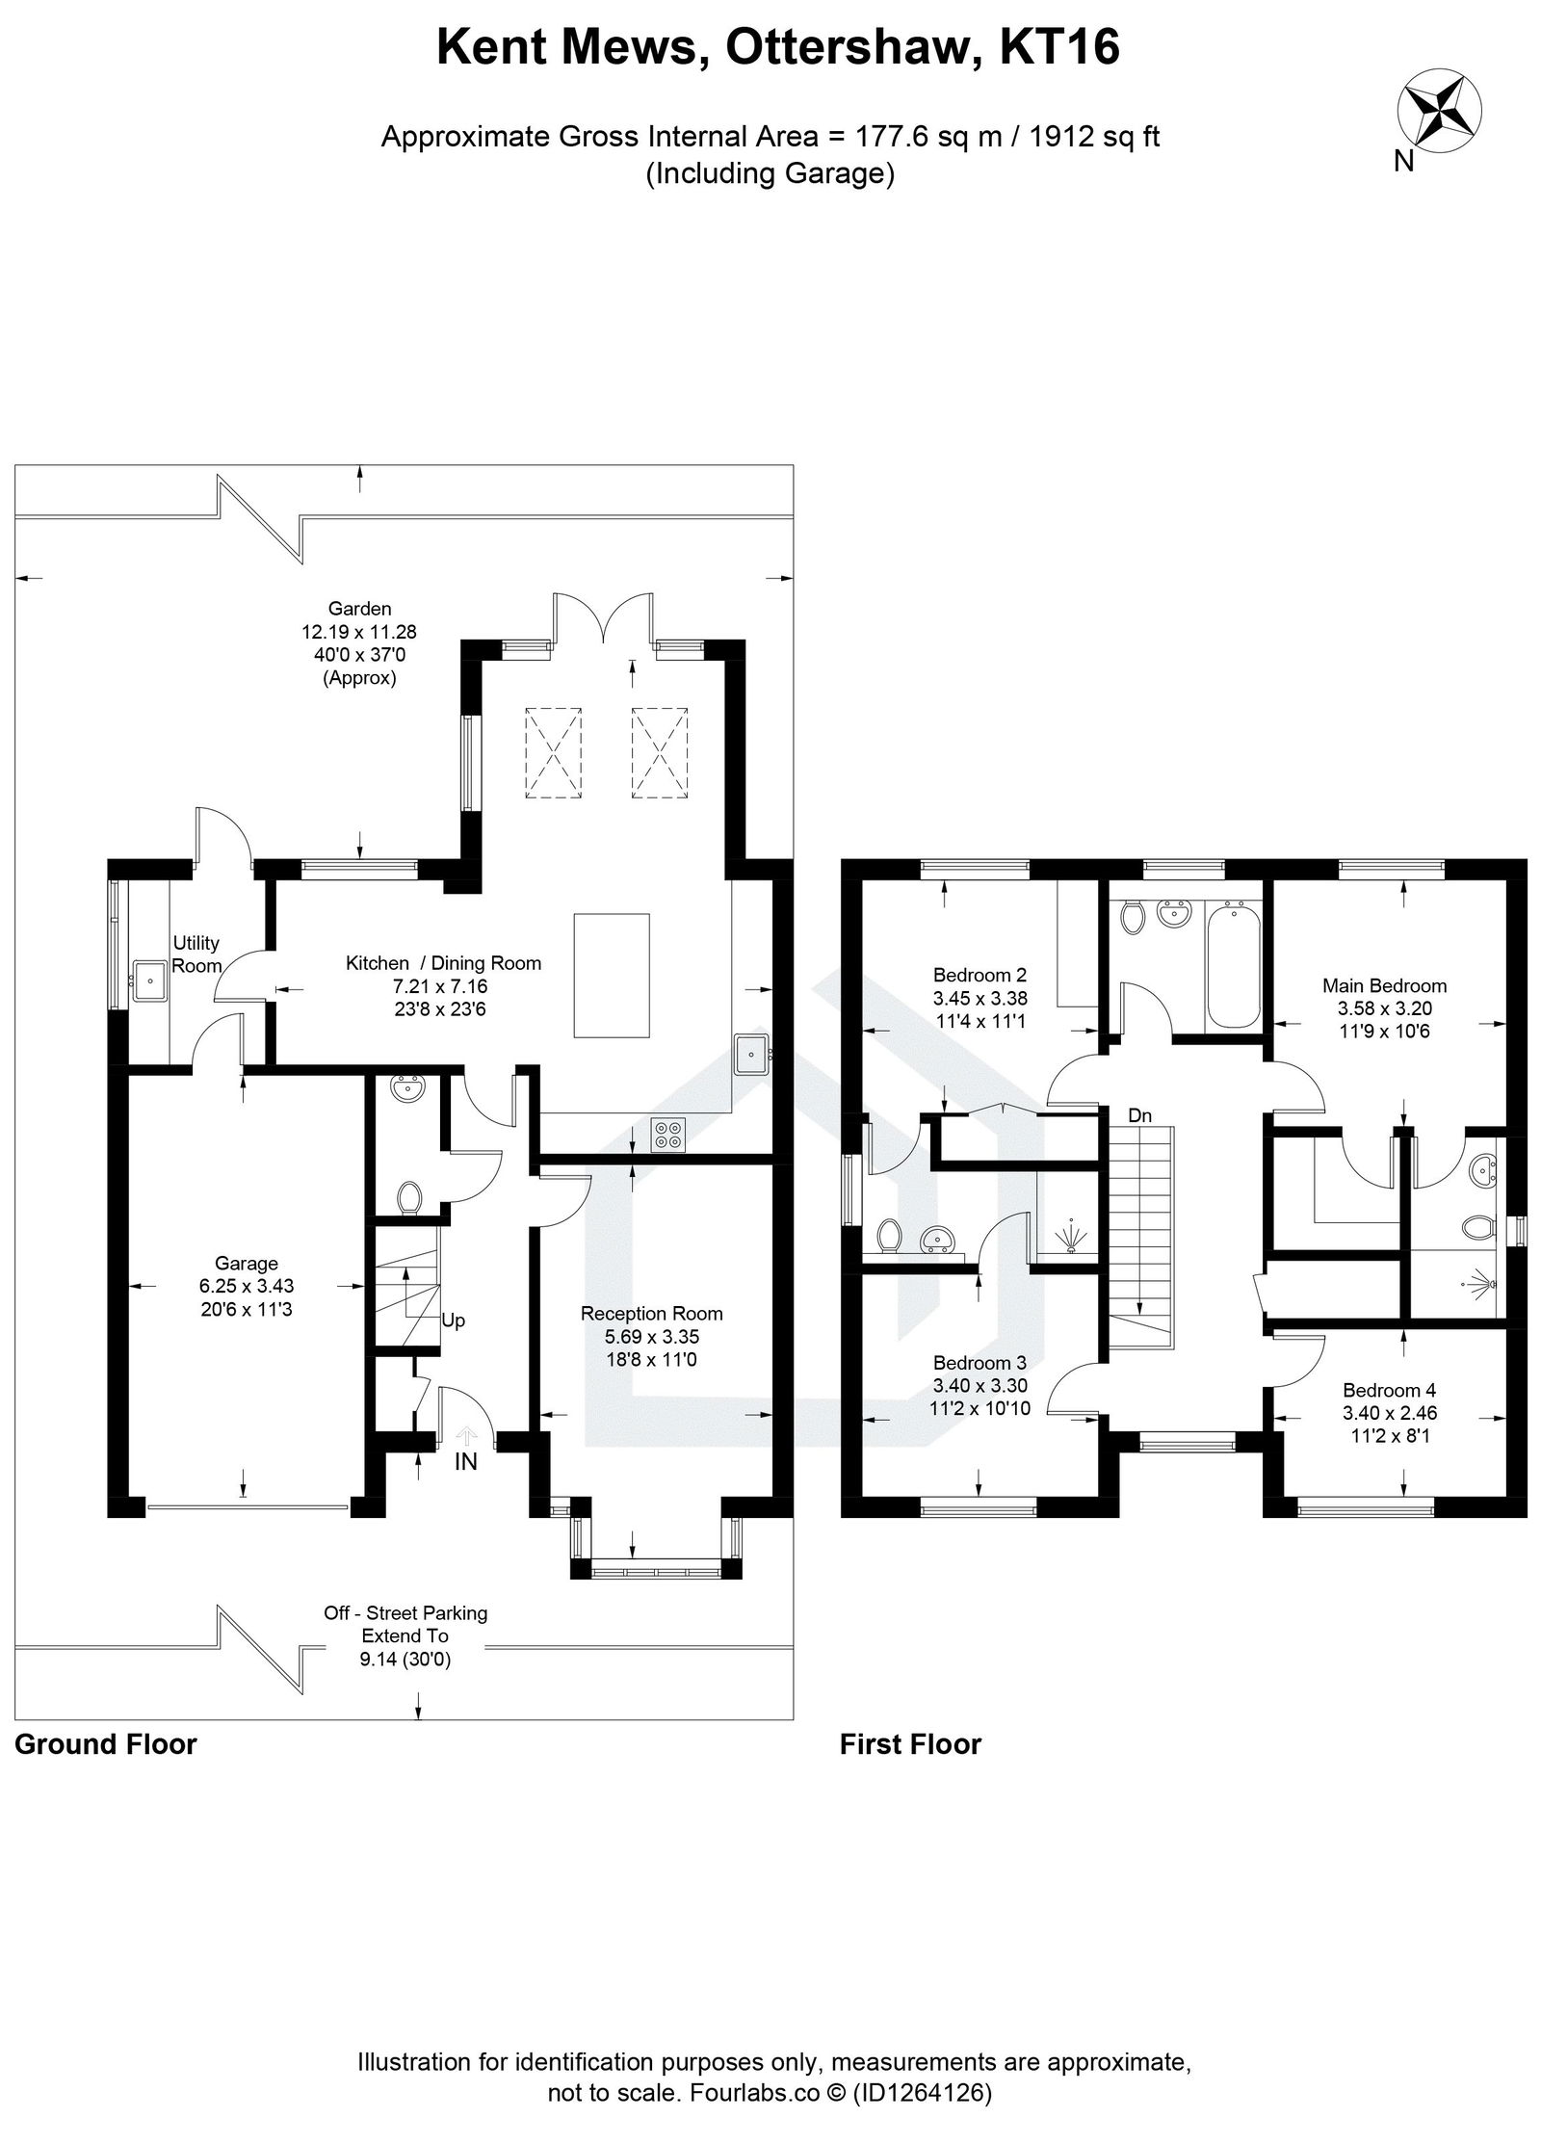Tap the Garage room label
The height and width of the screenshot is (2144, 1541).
[x=247, y=1263]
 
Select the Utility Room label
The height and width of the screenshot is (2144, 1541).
[x=196, y=954]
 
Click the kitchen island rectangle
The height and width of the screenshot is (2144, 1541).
[x=612, y=975]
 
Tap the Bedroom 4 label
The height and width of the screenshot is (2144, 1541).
[x=1389, y=1390]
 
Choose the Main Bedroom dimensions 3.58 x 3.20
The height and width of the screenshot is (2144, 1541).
[x=1384, y=1008]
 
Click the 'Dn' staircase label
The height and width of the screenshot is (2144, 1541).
[x=1139, y=1116]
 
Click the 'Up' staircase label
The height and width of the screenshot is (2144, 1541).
[x=453, y=1320]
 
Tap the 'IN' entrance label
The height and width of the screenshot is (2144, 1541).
[x=465, y=1462]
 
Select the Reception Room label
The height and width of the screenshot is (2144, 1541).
[x=651, y=1313]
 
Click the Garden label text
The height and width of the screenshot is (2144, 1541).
[x=359, y=608]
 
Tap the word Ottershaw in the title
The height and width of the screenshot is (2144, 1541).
[x=854, y=48]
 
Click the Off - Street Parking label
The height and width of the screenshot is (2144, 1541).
[x=405, y=1612]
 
